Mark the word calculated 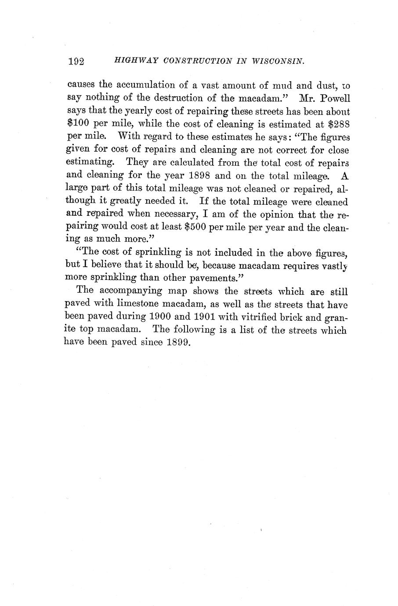(x=180, y=163)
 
